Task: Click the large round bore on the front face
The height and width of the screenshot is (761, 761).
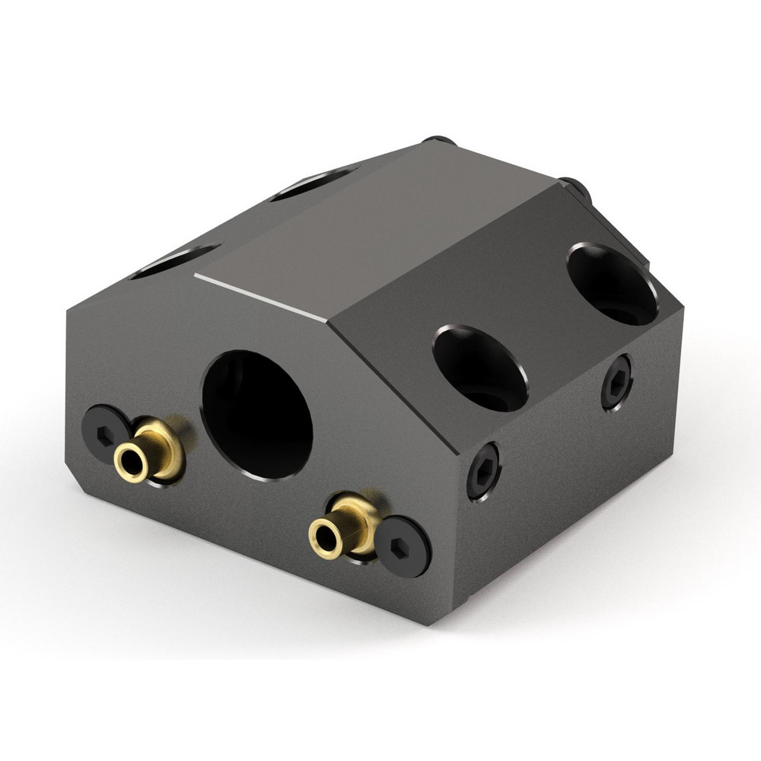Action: [257, 414]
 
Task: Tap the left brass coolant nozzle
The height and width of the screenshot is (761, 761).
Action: [150, 454]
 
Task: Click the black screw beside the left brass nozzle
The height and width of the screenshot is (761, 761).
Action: [103, 433]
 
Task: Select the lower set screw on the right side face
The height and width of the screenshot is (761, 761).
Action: [483, 471]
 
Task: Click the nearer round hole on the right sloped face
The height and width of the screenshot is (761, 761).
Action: [480, 368]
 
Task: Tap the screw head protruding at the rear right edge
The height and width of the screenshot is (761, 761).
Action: [573, 186]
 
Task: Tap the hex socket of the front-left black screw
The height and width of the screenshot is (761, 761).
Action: [103, 433]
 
